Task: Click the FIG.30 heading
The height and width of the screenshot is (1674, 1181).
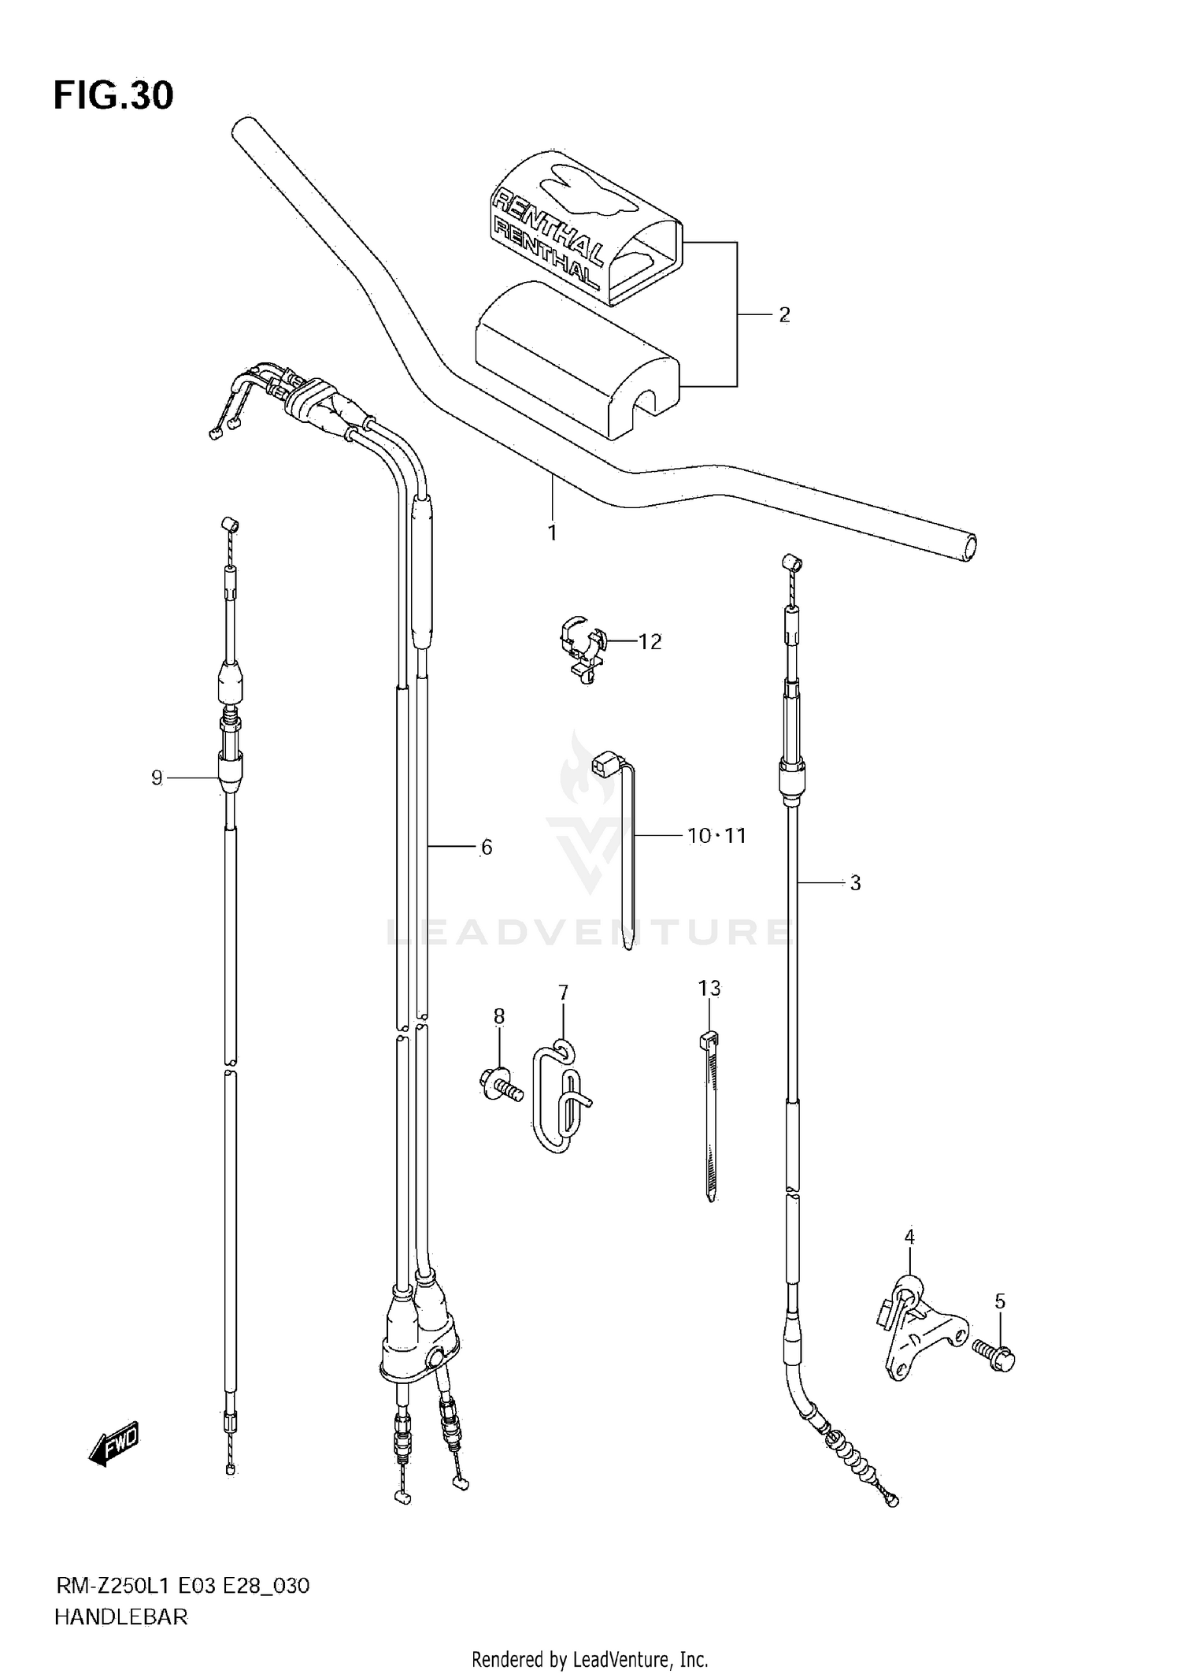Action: tap(113, 96)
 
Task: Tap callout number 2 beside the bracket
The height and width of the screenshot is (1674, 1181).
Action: tap(783, 315)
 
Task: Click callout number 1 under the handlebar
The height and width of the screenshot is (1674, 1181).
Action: tap(552, 533)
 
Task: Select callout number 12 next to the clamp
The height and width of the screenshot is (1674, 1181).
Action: tap(650, 642)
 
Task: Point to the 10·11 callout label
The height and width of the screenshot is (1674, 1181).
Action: tap(716, 836)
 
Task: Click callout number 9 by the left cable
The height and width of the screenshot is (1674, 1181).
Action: tap(157, 778)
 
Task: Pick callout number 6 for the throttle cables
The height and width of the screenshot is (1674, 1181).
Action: tap(486, 848)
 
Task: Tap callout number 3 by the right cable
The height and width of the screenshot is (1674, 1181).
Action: tap(855, 883)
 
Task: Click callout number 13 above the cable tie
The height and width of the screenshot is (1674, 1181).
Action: tap(709, 988)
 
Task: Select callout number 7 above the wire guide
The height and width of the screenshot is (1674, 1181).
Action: tap(563, 993)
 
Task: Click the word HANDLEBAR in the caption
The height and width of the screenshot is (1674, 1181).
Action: tap(120, 1617)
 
